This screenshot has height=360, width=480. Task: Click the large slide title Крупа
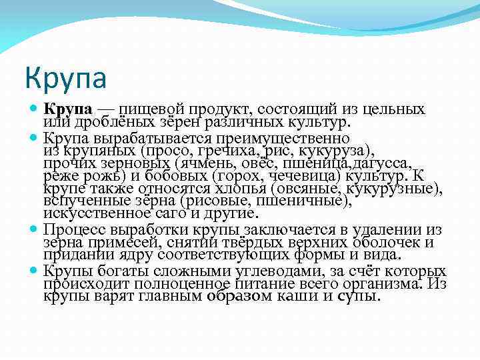coord(65,79)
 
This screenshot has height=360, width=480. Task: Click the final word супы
coord(359,295)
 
